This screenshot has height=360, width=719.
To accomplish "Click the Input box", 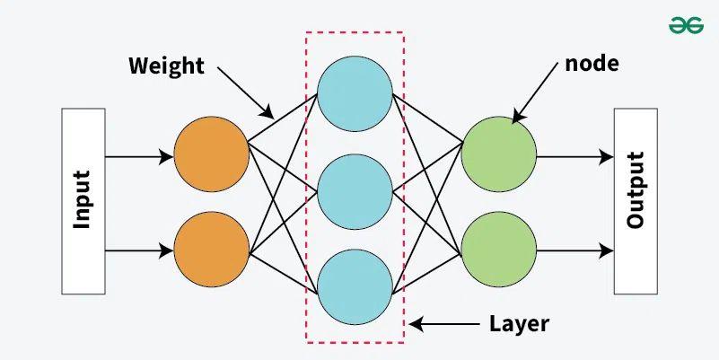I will tap(82, 201).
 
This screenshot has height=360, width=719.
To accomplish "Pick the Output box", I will tap(637, 201).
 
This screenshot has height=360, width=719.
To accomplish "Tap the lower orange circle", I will tap(212, 249).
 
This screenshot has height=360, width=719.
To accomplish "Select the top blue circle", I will tap(355, 94).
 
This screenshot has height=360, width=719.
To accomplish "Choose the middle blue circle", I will tap(355, 190).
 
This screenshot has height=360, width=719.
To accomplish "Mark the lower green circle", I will tap(499, 249).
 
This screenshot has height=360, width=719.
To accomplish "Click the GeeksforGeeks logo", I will tap(686, 26).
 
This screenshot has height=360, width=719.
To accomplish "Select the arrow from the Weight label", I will tap(241, 92).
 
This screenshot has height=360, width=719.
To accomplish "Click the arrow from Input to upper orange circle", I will tap(139, 157).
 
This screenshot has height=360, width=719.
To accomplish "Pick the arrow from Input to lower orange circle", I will tap(139, 250).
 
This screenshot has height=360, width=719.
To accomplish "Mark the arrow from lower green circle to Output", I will tap(574, 250).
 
